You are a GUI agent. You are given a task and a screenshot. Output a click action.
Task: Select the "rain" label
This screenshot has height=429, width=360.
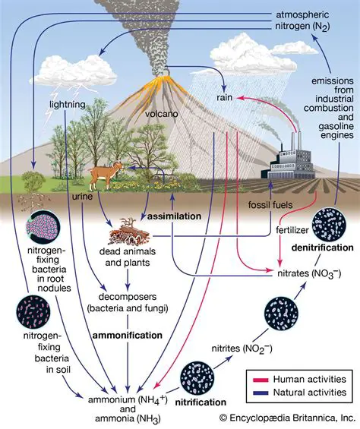225,99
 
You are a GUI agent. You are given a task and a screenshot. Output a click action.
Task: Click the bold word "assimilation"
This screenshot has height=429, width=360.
174,216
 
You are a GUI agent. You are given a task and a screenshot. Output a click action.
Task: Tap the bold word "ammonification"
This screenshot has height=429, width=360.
127,335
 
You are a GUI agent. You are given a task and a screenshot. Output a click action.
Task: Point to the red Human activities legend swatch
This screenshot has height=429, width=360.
261,377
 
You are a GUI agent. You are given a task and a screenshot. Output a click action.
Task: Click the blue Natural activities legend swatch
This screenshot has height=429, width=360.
261,392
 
